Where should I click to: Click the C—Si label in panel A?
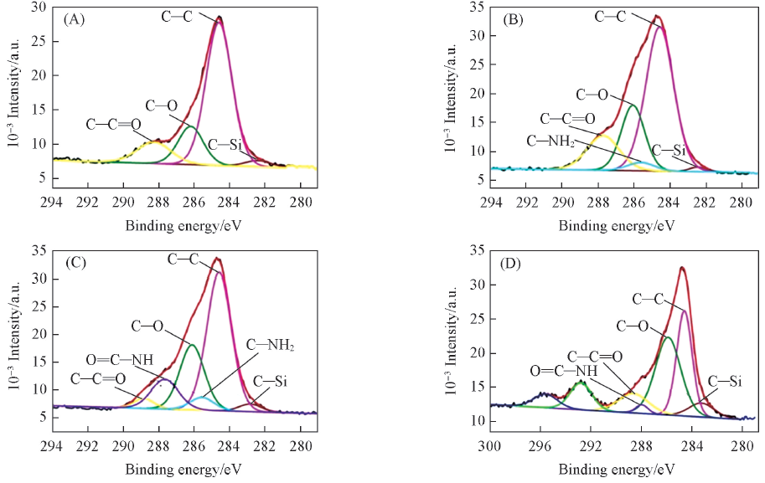(x=225, y=144)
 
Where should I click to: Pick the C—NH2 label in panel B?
(x=551, y=141)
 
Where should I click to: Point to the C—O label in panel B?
(x=592, y=94)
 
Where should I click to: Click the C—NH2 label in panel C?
(x=271, y=344)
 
